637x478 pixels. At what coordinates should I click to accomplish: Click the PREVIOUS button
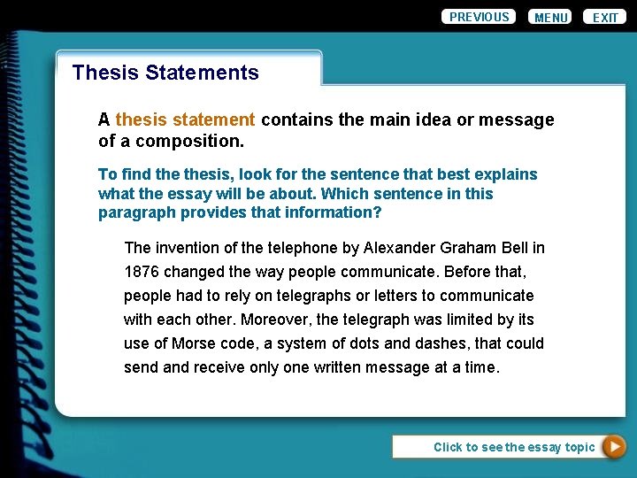click(479, 17)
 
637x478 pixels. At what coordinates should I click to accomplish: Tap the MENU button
click(550, 18)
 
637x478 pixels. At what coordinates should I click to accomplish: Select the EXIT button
click(605, 18)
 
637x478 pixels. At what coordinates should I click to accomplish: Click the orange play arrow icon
click(614, 447)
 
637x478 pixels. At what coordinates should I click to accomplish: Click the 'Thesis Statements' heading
click(165, 73)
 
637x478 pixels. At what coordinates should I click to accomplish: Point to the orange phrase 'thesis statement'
click(185, 119)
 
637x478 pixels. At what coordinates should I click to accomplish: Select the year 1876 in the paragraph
click(141, 272)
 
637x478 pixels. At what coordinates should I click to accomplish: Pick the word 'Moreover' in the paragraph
click(275, 320)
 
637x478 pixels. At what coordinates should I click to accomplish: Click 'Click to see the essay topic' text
click(513, 447)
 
